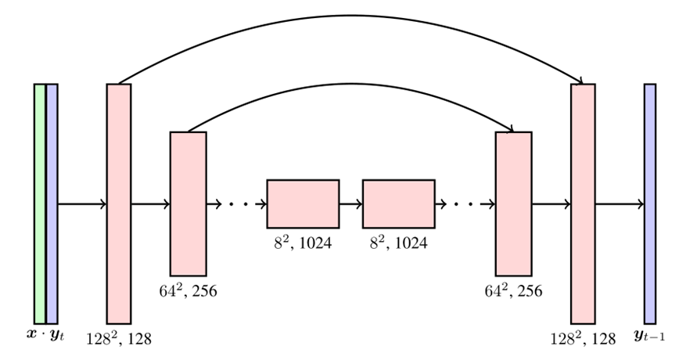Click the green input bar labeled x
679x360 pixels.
point(40,203)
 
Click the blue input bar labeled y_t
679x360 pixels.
point(52,203)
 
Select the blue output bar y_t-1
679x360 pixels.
point(650,203)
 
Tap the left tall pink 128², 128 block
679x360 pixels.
point(119,203)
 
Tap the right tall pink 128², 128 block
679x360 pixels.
point(584,203)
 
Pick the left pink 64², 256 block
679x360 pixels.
point(188,203)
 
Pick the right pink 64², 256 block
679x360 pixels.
point(513,203)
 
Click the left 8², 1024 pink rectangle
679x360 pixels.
point(303,203)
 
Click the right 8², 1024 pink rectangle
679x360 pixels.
point(399,203)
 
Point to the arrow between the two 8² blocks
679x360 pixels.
point(350,203)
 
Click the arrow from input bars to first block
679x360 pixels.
point(82,204)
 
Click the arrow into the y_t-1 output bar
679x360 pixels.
point(620,204)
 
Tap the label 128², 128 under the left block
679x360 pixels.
point(119,339)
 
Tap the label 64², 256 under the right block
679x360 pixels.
point(513,292)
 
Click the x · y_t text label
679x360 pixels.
point(45,335)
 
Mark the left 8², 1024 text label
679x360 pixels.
point(303,243)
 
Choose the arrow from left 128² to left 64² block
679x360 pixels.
point(150,204)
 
